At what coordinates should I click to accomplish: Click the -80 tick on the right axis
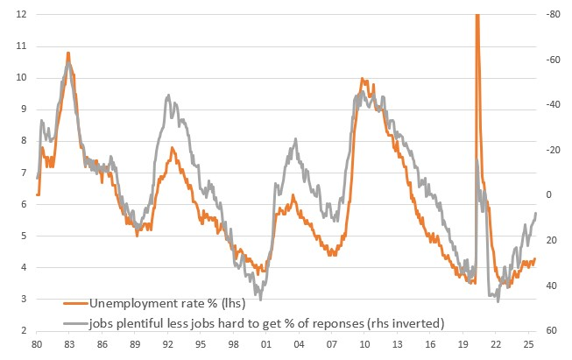553,15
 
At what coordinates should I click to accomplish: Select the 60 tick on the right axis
553,331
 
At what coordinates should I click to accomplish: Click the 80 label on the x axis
37,346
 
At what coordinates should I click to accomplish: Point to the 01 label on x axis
266,346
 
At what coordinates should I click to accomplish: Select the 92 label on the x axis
168,346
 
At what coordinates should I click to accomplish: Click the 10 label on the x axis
364,346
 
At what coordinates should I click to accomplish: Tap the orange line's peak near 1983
68,53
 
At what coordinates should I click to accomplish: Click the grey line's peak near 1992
168,94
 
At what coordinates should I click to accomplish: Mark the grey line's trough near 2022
498,300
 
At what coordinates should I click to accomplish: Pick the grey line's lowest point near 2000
260,300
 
